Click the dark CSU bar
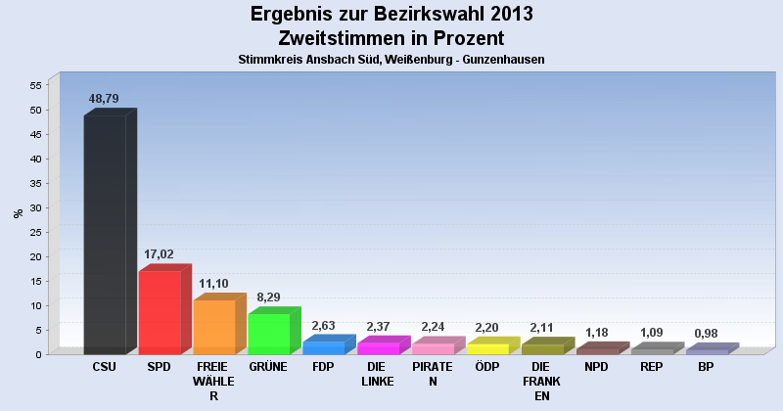tap(105, 235)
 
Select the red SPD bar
tap(160, 312)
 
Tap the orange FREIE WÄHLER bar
tap(213, 327)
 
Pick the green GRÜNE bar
tap(268, 334)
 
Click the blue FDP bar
tap(323, 347)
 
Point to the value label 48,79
tap(104, 99)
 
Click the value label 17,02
tap(159, 254)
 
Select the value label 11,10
tap(213, 283)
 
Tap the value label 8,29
tap(268, 297)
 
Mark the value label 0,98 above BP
tap(706, 333)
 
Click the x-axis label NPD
tap(596, 367)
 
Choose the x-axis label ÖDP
tap(486, 367)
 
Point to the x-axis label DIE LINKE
tap(377, 374)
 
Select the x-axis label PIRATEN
tap(432, 374)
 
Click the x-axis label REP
tap(651, 367)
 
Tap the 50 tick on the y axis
tap(34, 110)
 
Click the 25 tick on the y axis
tap(34, 232)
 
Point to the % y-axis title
tap(17, 212)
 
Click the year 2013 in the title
tap(505, 15)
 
